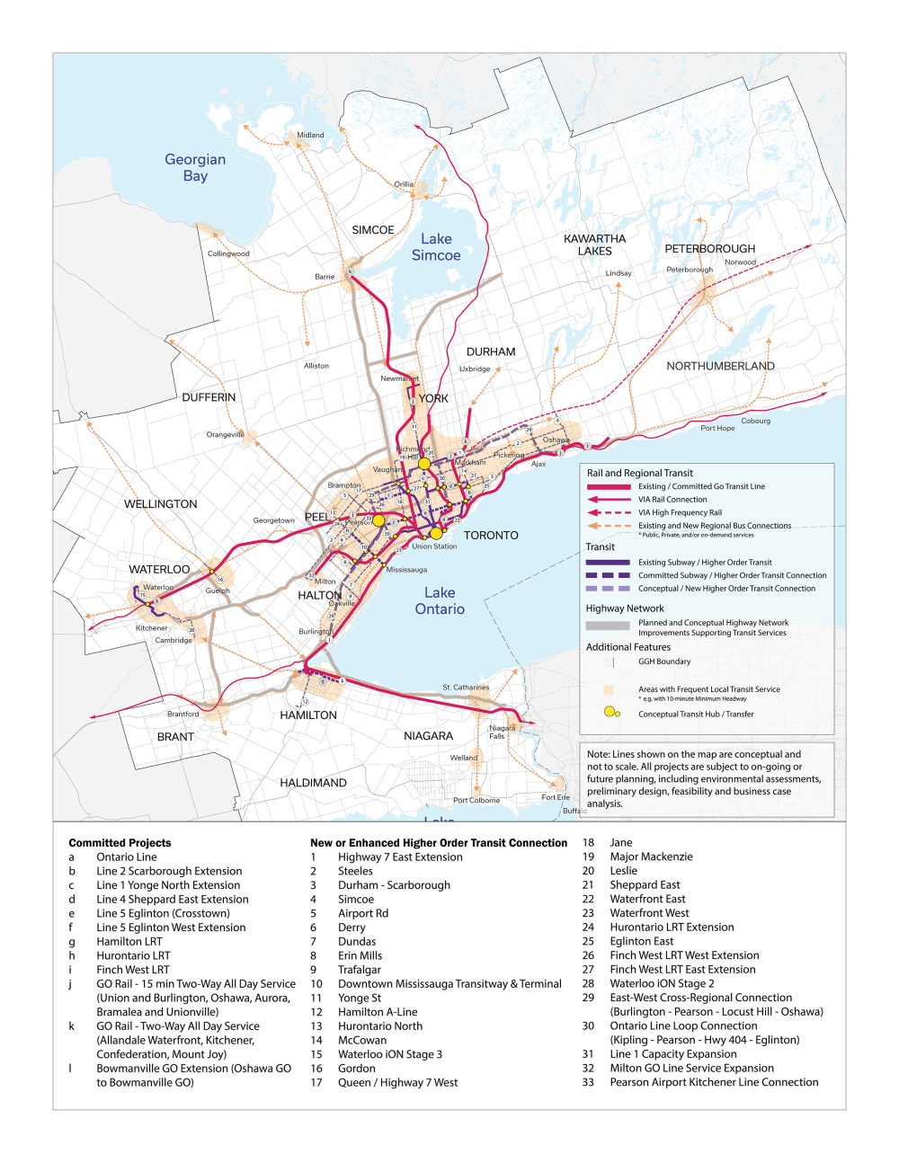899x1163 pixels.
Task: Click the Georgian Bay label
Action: pos(195,167)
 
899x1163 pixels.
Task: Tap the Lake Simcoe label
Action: pos(436,247)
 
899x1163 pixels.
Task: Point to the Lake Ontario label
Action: pos(440,600)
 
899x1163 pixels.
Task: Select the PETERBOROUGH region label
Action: pos(709,249)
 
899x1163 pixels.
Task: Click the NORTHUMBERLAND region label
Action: pos(720,366)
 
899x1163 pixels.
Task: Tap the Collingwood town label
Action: pos(228,253)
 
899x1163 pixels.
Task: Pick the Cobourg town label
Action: pos(755,421)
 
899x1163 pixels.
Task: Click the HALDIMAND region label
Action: pos(313,783)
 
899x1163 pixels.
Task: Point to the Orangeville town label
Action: pos(225,434)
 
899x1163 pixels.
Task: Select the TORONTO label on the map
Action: pos(491,535)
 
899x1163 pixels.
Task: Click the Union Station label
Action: pos(434,546)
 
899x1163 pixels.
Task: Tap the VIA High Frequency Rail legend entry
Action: pos(680,512)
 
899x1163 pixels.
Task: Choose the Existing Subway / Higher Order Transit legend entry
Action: pos(705,562)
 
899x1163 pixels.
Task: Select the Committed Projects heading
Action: pos(120,843)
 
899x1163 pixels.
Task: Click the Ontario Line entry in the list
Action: pos(127,857)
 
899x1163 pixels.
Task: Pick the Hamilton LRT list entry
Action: pos(129,942)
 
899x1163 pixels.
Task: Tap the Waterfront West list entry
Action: pos(649,913)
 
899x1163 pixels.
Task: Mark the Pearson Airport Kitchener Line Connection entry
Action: pos(714,1082)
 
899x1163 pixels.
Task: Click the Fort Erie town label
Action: pos(556,797)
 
